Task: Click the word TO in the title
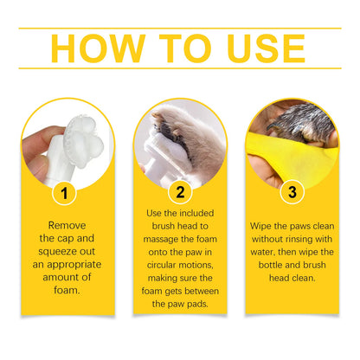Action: coord(182,48)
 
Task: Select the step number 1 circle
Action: coord(67,190)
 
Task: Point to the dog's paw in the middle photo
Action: coord(173,130)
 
